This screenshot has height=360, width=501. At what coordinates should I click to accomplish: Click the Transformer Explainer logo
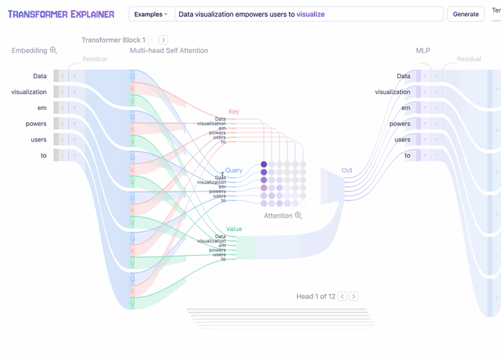tap(61, 14)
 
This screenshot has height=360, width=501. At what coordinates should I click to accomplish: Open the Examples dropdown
tap(151, 14)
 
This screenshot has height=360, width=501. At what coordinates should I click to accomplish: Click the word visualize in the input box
tap(310, 14)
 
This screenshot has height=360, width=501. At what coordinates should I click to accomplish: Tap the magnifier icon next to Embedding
tap(54, 50)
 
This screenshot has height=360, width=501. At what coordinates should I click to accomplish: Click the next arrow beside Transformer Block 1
tap(164, 40)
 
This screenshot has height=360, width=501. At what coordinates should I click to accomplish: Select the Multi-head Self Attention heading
tap(169, 51)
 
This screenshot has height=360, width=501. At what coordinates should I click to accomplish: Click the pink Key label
tap(234, 111)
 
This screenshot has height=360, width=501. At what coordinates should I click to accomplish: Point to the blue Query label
tap(234, 171)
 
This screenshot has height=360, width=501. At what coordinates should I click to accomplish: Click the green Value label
tap(234, 229)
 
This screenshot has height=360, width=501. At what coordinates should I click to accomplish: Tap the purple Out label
tap(347, 171)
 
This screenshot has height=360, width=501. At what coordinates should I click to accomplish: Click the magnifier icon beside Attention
tap(299, 216)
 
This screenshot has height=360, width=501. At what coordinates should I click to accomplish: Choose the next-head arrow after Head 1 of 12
tap(353, 297)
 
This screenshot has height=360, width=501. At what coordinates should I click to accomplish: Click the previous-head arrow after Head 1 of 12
tap(342, 297)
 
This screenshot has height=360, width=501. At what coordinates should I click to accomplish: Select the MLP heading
tap(423, 51)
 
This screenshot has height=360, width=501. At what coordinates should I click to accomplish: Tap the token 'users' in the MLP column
tap(402, 140)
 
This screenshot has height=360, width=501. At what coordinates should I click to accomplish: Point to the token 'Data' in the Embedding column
tap(40, 76)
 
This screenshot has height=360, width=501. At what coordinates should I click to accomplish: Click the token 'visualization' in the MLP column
tap(392, 92)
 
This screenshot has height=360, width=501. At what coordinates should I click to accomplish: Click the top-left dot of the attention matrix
tap(264, 165)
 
